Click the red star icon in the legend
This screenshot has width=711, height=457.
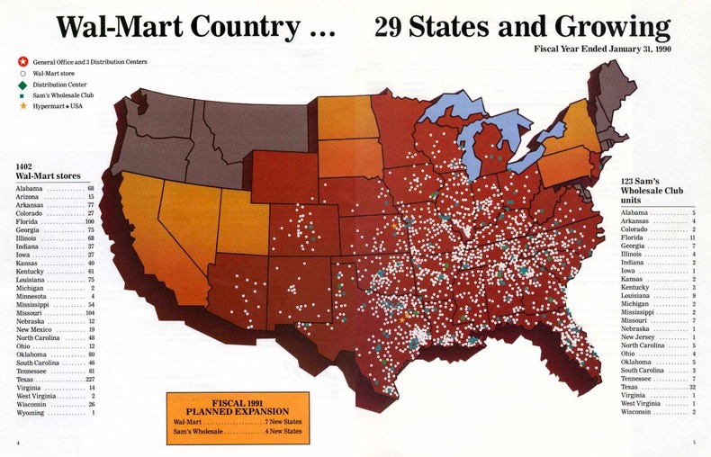click(22, 61)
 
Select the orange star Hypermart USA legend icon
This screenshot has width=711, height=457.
click(22, 106)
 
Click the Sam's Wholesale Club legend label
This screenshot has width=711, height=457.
click(63, 95)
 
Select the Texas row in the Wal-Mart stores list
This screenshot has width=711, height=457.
click(54, 379)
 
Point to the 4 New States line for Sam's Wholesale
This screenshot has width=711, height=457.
click(238, 432)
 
